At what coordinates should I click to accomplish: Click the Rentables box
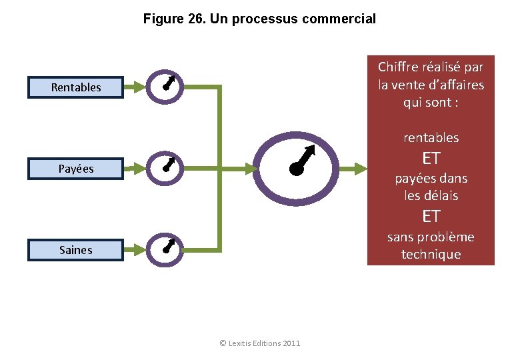[75, 87]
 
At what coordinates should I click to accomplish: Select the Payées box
[75, 169]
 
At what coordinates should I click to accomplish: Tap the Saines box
[75, 250]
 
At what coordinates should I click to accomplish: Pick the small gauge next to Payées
[167, 165]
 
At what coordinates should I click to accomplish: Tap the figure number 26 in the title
[195, 19]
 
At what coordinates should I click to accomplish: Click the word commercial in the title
[339, 19]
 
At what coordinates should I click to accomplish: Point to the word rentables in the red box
[431, 138]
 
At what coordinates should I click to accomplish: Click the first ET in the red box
[431, 158]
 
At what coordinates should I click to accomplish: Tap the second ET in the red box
[431, 216]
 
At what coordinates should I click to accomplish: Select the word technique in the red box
[431, 255]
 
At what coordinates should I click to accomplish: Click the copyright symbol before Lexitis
[223, 343]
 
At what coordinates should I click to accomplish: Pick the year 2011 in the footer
[291, 343]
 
